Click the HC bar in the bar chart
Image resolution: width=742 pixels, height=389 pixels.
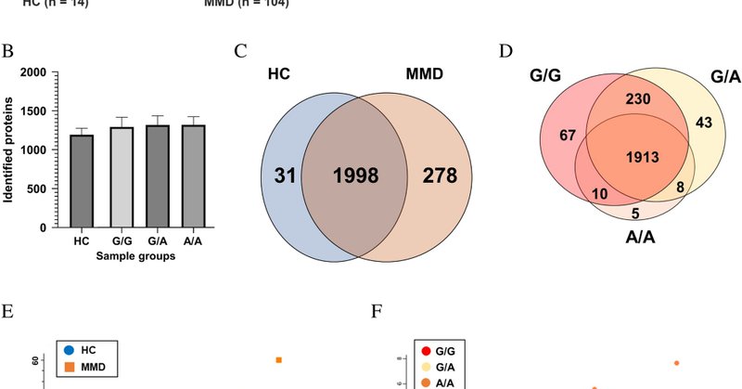click(x=82, y=180)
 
